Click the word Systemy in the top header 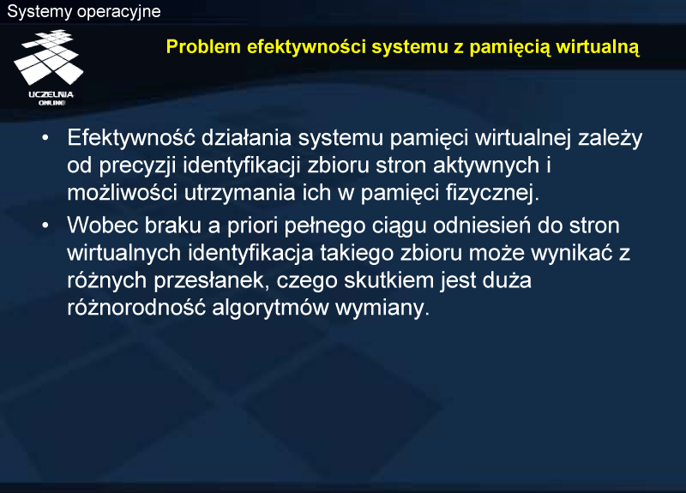point(39,12)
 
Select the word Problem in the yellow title point(203,47)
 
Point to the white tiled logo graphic point(48,57)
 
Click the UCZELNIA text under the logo point(51,94)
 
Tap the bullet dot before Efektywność point(45,138)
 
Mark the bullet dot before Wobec point(45,225)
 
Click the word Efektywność point(131,137)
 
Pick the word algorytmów point(270,309)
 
